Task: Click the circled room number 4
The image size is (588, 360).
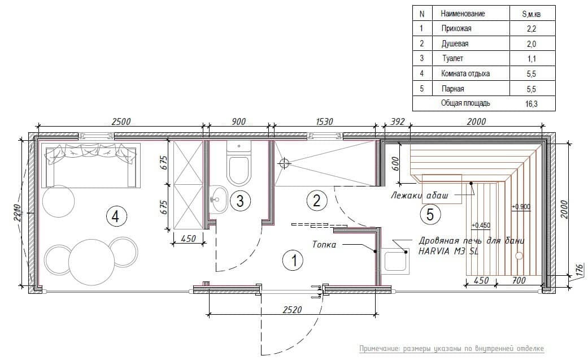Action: [116, 216]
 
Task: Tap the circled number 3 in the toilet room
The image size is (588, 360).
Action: [240, 201]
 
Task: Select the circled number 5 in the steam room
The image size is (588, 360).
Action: [430, 214]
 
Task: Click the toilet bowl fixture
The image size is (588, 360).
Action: [238, 164]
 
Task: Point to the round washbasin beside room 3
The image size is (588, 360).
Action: [217, 198]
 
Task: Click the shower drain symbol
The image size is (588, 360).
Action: [285, 163]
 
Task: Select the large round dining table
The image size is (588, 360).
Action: [92, 262]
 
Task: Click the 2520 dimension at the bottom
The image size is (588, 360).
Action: [292, 310]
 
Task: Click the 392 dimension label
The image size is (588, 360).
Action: [398, 122]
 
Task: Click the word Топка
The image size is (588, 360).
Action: [324, 245]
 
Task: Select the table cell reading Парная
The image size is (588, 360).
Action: [452, 89]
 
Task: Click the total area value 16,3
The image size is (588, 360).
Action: [532, 104]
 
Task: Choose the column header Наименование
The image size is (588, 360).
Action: [463, 14]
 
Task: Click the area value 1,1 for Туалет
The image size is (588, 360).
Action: [532, 59]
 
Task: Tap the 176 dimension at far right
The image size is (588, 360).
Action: [579, 270]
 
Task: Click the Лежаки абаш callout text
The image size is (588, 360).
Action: [420, 196]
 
